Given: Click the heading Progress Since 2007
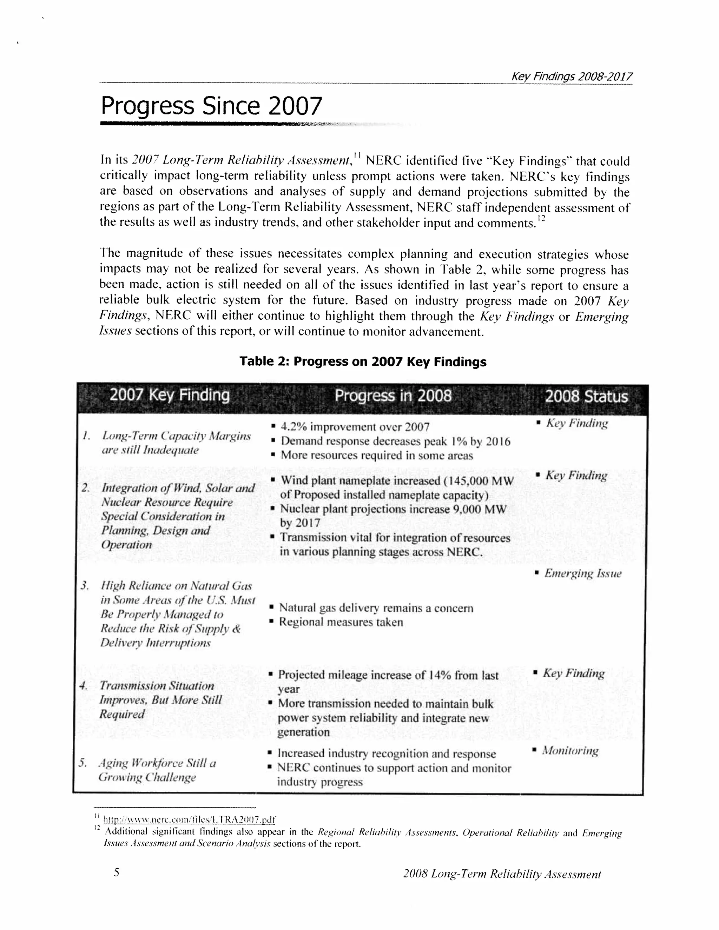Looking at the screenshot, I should [x=211, y=106].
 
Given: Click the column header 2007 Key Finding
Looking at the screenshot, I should [x=170, y=395].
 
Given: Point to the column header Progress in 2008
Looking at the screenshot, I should [x=393, y=396].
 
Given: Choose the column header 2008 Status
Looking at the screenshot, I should [x=586, y=397].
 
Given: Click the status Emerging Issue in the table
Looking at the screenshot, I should [x=582, y=573].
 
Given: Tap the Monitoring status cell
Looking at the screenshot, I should [x=569, y=751].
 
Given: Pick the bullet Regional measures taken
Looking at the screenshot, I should [x=340, y=622].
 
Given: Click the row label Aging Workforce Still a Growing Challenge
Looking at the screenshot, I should [x=157, y=770].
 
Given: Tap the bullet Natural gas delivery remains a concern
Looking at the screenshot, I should [x=376, y=608].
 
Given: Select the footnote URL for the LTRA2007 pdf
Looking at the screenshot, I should [x=189, y=820].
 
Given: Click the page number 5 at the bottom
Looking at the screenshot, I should [x=116, y=873].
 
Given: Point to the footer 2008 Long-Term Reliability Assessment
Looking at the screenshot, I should [x=501, y=874].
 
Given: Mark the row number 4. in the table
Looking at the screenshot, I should [x=84, y=686].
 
